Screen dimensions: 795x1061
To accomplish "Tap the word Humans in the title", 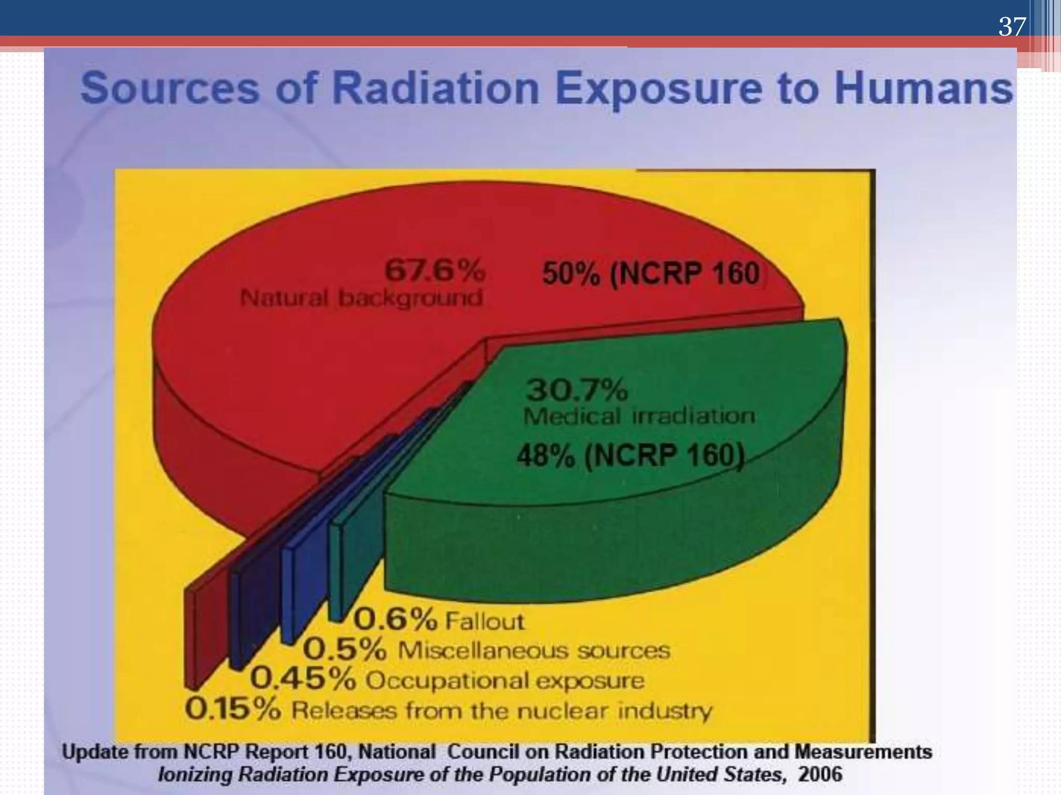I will click(923, 89).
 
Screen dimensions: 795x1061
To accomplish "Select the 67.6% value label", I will click(435, 270).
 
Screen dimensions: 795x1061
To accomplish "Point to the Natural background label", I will click(361, 298).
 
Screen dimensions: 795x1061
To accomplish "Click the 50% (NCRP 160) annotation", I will click(651, 273).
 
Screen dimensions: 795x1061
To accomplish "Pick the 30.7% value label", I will click(577, 389).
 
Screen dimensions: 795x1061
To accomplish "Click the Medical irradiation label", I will click(639, 416).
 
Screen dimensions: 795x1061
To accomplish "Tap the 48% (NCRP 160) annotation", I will click(630, 456).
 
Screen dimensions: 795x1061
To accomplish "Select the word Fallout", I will click(484, 621).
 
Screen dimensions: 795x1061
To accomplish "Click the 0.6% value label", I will click(396, 619).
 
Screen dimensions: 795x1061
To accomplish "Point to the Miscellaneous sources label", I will click(534, 650).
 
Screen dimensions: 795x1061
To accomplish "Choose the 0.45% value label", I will click(303, 679).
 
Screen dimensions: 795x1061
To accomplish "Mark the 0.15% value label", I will click(233, 709).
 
